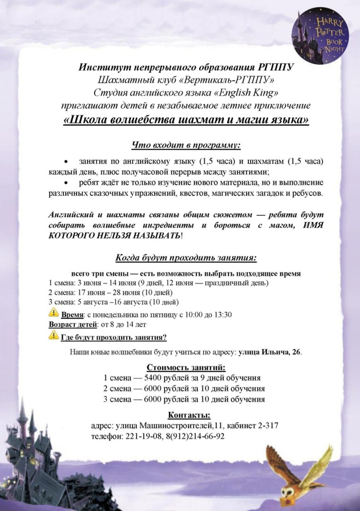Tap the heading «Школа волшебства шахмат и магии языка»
(x=186, y=120)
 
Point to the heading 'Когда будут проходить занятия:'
(x=186, y=258)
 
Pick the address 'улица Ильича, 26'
(x=270, y=352)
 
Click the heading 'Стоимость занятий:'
(x=186, y=368)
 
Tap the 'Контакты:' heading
(x=189, y=415)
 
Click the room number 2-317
(x=267, y=426)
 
